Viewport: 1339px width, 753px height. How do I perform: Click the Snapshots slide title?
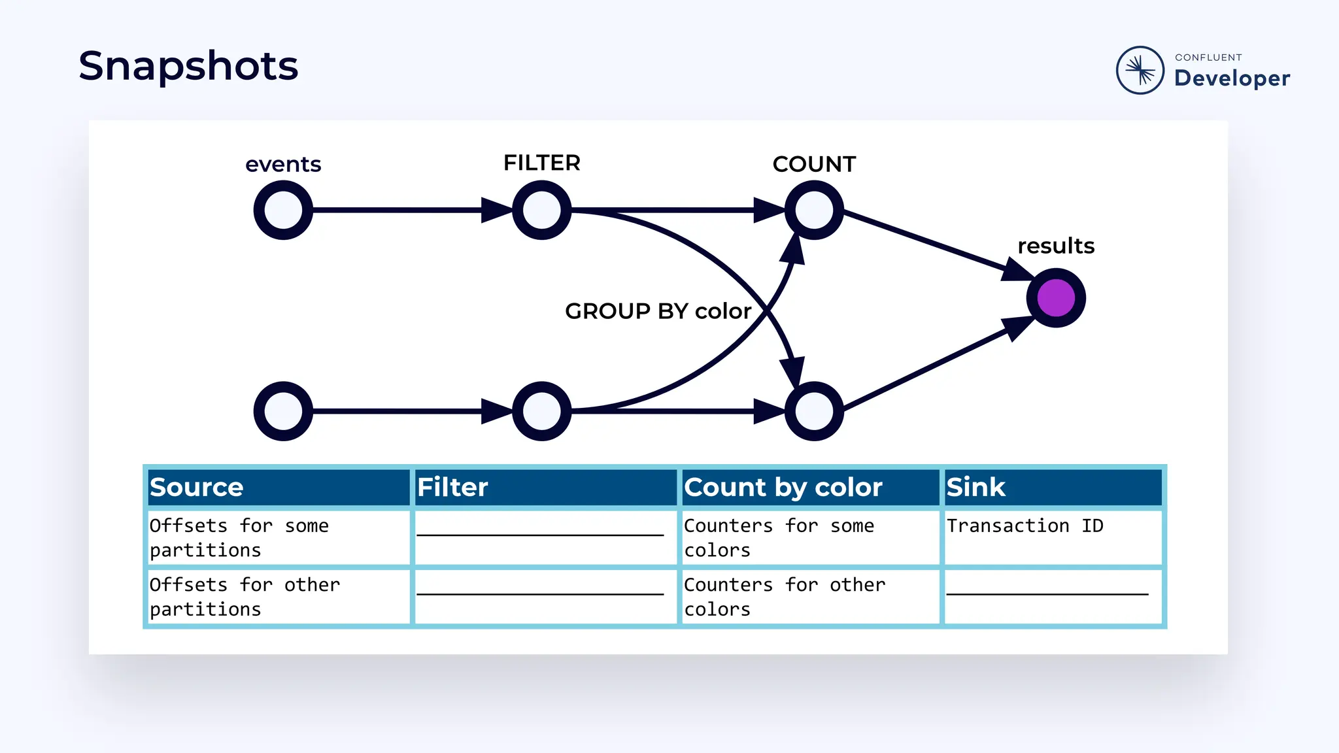click(188, 66)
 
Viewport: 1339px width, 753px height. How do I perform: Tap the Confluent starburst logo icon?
click(1140, 70)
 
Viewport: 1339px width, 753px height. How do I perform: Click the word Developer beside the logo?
click(1232, 78)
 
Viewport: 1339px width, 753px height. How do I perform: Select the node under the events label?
click(283, 210)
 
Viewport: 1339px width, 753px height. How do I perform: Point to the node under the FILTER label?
click(541, 210)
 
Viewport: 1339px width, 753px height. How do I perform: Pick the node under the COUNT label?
click(814, 210)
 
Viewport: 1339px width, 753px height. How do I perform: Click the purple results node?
click(1056, 298)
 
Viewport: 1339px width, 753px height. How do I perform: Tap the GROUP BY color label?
click(658, 311)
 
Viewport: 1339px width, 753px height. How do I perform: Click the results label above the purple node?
click(1056, 246)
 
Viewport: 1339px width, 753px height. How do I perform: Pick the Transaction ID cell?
click(1025, 526)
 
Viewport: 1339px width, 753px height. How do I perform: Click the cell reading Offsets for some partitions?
click(239, 538)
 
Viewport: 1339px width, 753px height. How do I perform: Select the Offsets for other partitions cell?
click(245, 597)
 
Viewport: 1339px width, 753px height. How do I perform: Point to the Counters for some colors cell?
click(779, 538)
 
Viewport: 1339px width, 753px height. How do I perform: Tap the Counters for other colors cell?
click(785, 597)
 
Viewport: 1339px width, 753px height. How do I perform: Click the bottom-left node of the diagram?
click(283, 411)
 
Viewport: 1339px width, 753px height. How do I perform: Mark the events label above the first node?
click(283, 164)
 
